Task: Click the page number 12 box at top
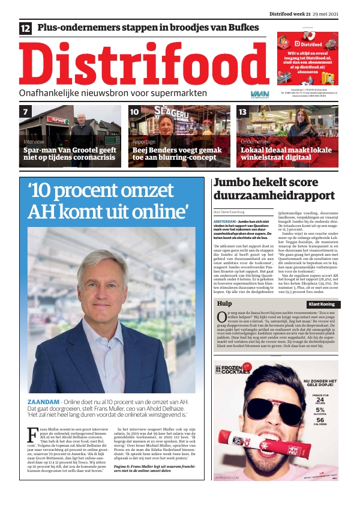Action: pos(26,28)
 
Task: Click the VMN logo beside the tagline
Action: pos(260,94)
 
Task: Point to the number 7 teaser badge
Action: pos(26,112)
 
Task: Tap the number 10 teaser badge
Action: pos(134,112)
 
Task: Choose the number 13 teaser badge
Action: pos(243,112)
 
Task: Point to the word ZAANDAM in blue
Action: pos(44,401)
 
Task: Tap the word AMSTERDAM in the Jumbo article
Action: pos(225,222)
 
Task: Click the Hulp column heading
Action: pos(224,304)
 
